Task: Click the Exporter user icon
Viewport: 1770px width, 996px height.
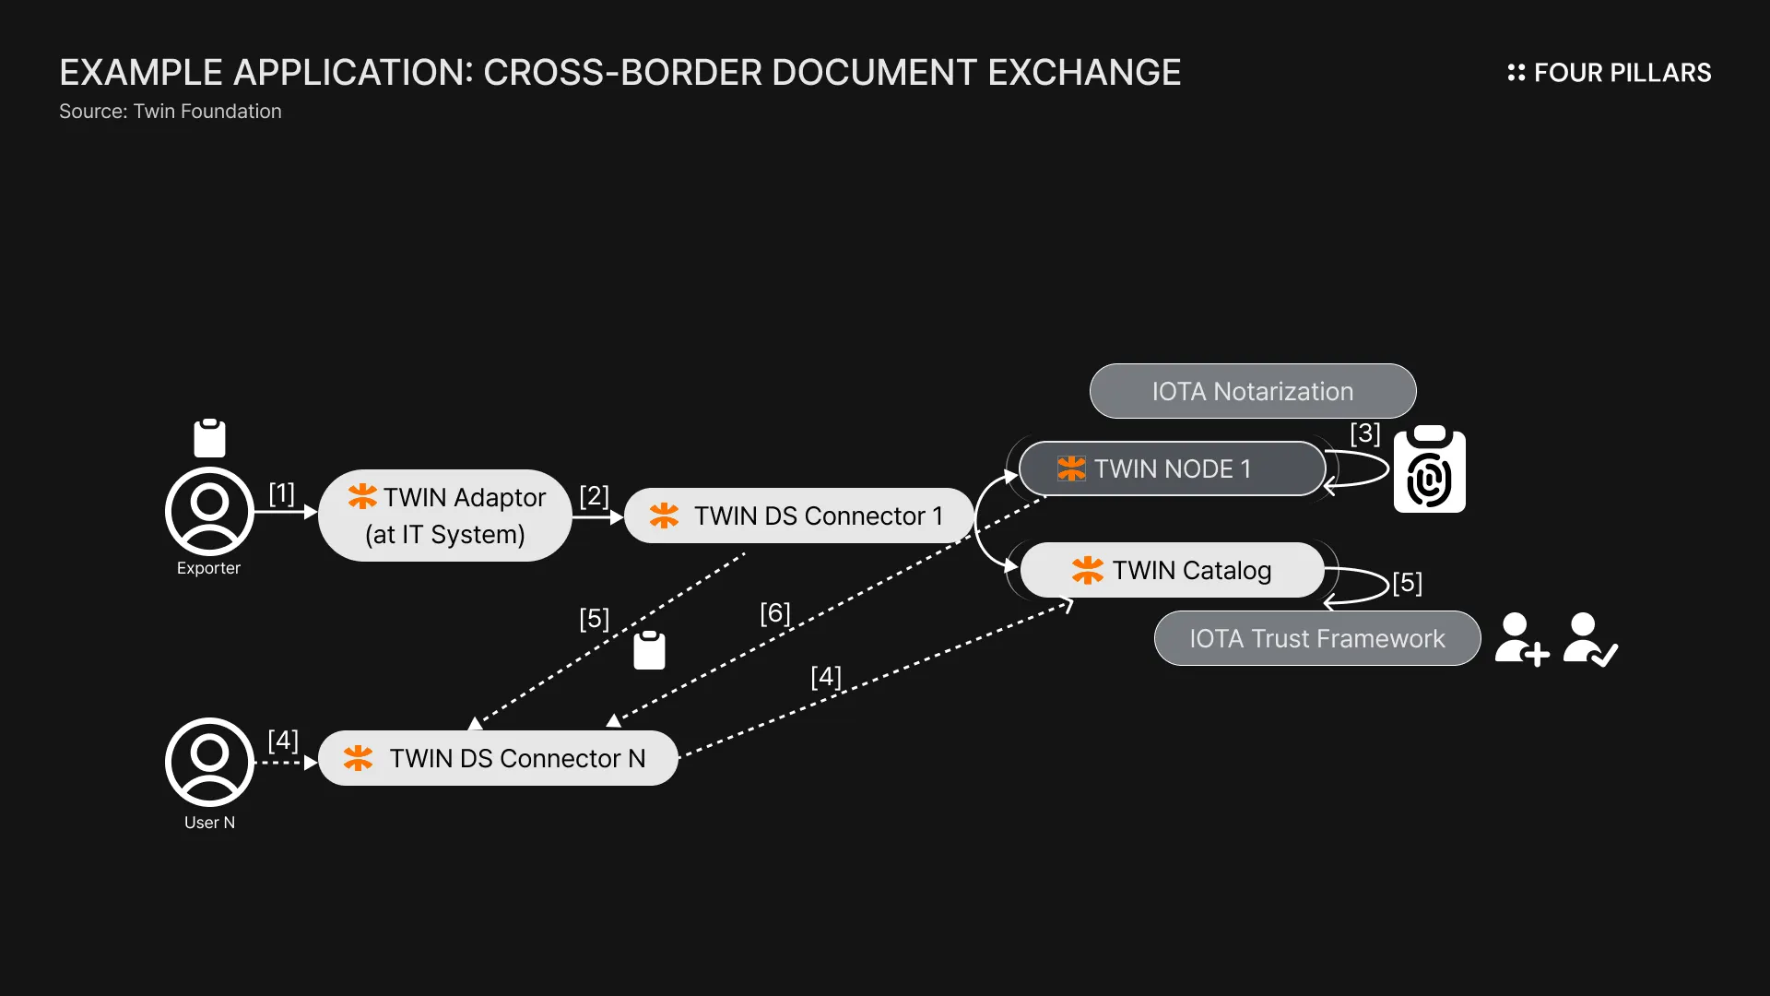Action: [x=209, y=511]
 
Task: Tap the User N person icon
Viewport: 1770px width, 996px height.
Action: [x=209, y=762]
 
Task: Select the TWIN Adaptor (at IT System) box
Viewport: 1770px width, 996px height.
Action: [x=445, y=516]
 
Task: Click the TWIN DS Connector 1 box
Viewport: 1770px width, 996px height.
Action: [x=798, y=516]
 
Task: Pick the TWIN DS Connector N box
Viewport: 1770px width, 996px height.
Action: [x=498, y=758]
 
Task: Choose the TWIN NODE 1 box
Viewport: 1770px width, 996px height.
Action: [x=1172, y=468]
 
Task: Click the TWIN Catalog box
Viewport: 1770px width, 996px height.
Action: [x=1172, y=570]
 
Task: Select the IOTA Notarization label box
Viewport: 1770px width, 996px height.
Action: [x=1252, y=391]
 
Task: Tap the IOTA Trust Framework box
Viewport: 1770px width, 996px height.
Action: [x=1316, y=638]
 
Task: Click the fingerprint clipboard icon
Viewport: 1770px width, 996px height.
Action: [x=1429, y=470]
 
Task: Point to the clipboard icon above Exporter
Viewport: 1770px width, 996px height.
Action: [x=209, y=438]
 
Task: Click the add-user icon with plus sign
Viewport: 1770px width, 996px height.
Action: [x=1520, y=639]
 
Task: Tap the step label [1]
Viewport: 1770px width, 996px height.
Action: [x=281, y=493]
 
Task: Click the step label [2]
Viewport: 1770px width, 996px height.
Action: [x=594, y=495]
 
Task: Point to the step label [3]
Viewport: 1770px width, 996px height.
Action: [x=1364, y=433]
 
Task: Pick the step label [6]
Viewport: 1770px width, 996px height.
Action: [x=774, y=613]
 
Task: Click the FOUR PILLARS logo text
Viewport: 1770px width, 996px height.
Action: [x=1622, y=73]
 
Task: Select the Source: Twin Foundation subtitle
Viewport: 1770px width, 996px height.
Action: [x=171, y=112]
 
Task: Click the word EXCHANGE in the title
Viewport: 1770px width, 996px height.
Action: [x=1084, y=73]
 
